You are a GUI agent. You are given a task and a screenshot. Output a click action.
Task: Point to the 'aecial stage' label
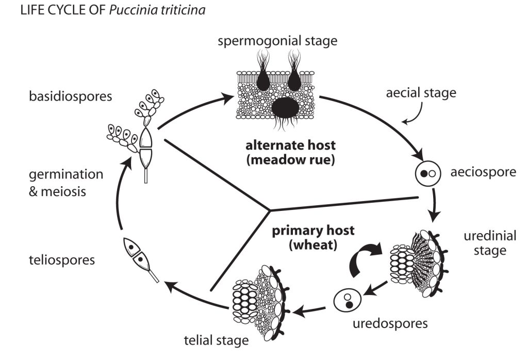421,93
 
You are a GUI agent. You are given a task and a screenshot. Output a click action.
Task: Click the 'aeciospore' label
482,172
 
